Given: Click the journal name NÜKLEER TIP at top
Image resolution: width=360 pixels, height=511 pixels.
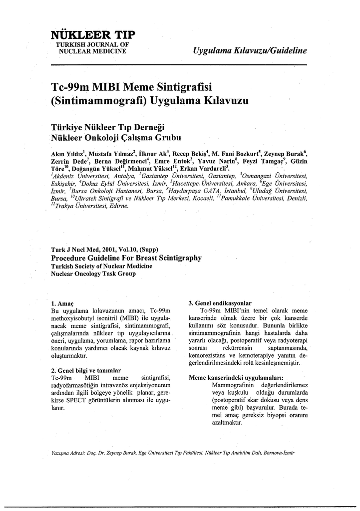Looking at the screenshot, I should tap(92, 35).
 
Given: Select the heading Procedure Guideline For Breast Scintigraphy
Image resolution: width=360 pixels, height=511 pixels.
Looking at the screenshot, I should tap(126, 258).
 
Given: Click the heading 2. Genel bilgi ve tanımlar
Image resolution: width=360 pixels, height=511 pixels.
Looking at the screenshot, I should tap(86, 370).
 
